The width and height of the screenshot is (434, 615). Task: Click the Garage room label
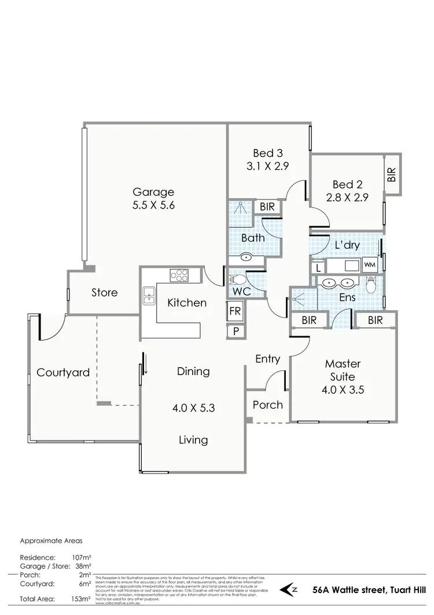point(153,192)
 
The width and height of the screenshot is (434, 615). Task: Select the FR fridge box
point(235,311)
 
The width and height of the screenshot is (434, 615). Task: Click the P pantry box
point(235,331)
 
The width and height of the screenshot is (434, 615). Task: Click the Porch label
point(268,405)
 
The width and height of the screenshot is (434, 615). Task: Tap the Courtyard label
point(63,372)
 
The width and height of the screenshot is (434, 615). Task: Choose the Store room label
point(104,293)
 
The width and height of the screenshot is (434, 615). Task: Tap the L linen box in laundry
point(317,268)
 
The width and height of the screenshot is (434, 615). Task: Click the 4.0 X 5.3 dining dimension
point(193,407)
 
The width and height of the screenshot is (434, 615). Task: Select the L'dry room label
point(347,245)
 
